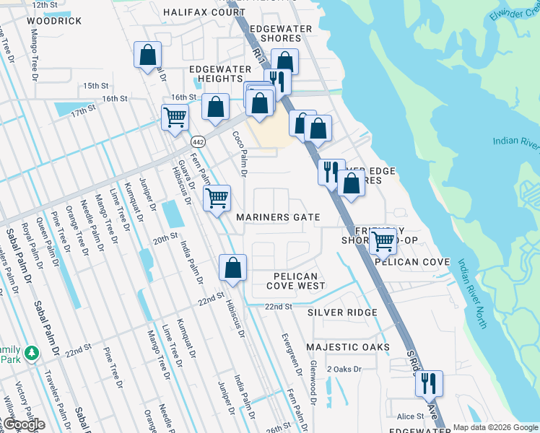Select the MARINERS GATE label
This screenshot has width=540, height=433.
277,217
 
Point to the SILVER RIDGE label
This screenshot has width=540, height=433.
342,312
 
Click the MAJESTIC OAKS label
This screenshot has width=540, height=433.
347,347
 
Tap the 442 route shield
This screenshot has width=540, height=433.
199,141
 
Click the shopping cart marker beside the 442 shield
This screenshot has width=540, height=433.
175,117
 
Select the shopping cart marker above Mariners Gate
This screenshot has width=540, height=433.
217,198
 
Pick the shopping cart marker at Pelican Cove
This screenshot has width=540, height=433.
383,241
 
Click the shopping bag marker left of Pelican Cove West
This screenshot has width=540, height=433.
232,268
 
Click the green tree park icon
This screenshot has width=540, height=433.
31,353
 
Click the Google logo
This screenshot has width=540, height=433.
23,424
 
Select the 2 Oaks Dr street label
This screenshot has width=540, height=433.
343,369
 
